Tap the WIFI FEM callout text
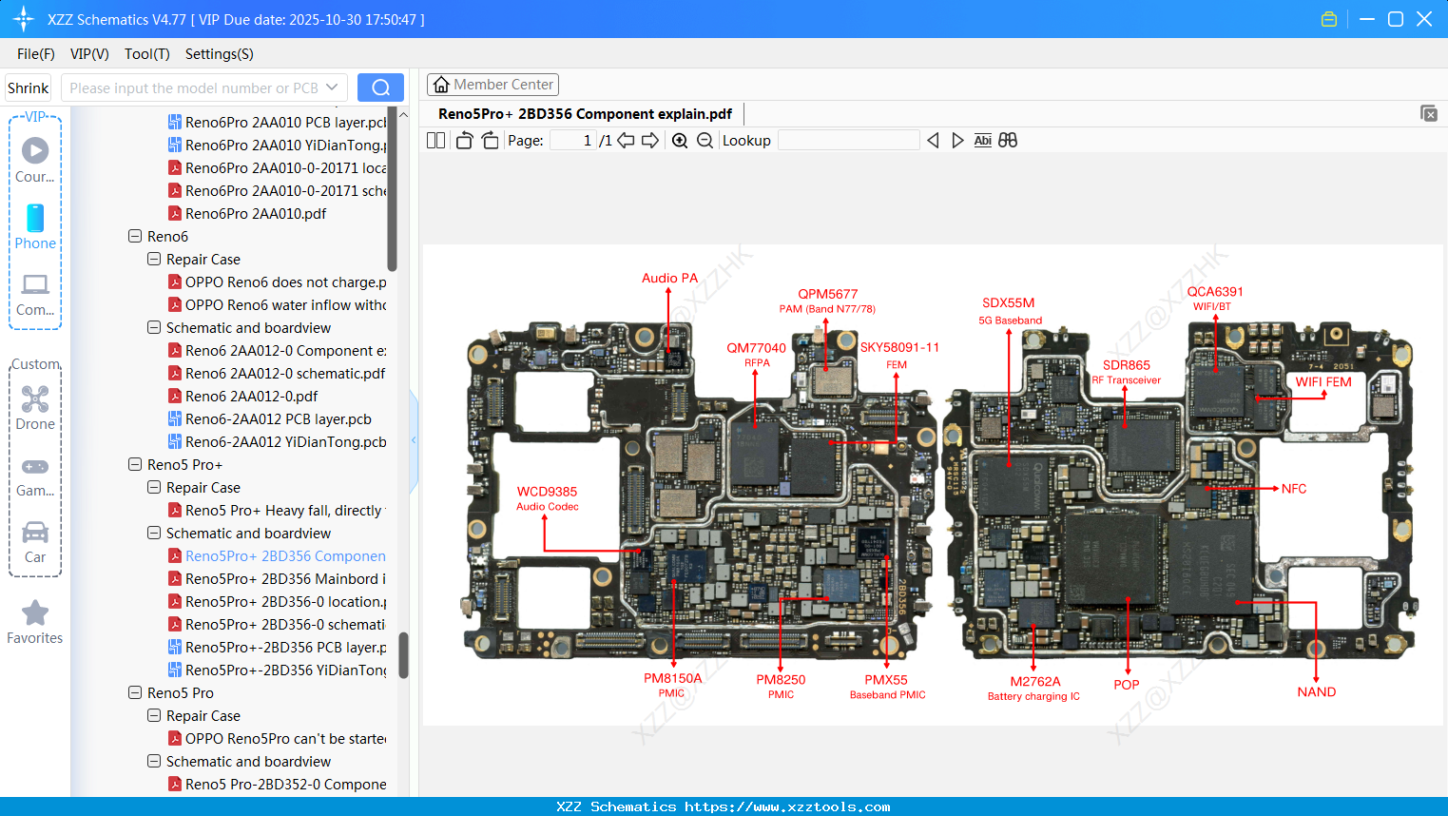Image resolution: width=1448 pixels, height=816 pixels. coord(1323,382)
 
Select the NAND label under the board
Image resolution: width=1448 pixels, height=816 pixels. coord(1316,692)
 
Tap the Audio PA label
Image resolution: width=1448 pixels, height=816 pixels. coord(669,279)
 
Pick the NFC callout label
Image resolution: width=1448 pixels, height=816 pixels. coord(1293,489)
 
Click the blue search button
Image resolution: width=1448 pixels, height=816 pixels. coord(380,87)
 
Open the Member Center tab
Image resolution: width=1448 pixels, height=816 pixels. coord(492,85)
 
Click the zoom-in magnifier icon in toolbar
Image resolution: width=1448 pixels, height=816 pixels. coord(680,141)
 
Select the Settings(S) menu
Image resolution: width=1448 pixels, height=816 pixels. coord(219,54)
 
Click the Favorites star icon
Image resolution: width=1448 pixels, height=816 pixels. coord(35,613)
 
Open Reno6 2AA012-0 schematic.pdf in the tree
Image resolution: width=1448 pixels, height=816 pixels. coord(284,374)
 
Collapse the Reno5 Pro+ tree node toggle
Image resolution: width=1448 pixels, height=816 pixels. coord(135,465)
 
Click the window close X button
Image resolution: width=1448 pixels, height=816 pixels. coord(1423,19)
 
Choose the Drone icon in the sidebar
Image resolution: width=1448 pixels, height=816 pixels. coord(35,400)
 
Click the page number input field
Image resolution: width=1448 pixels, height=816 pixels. coord(573,141)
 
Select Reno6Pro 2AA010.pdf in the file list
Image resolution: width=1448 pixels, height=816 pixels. coord(255,214)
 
